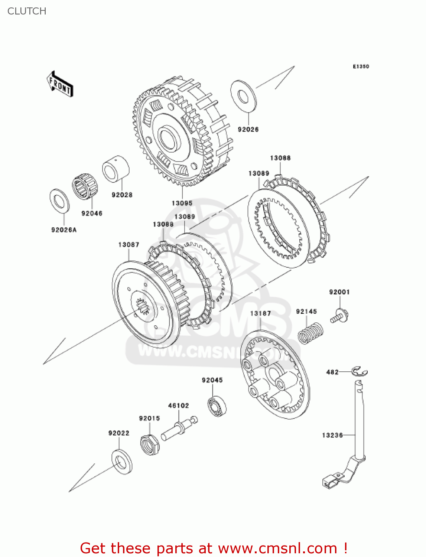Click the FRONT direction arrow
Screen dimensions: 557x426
click(x=60, y=84)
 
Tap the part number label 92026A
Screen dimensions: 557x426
click(x=64, y=230)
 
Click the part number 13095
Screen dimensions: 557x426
click(x=182, y=203)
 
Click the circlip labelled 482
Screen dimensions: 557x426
click(x=359, y=371)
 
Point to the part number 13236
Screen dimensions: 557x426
click(x=332, y=435)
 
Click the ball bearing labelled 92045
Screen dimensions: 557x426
click(x=217, y=406)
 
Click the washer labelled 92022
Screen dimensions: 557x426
click(x=121, y=462)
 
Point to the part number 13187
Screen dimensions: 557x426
click(x=260, y=313)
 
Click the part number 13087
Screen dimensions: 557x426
click(x=129, y=245)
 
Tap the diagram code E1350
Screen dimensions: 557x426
click(x=361, y=66)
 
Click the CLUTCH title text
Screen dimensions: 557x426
click(x=27, y=11)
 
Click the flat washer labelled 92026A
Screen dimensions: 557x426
click(x=59, y=201)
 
